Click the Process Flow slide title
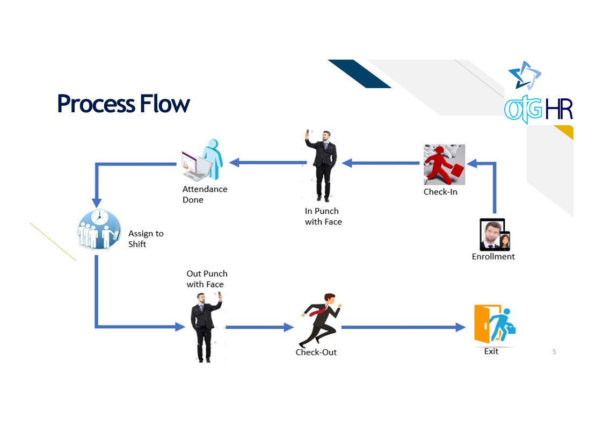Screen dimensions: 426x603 pyautogui.click(x=123, y=103)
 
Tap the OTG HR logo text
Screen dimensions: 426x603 pyautogui.click(x=538, y=109)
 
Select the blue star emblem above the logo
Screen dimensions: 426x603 pyautogui.click(x=524, y=75)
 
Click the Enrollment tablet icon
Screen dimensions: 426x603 pyautogui.click(x=494, y=235)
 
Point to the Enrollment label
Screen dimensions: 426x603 pyautogui.click(x=493, y=257)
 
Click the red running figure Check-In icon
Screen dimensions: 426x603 pyautogui.click(x=444, y=164)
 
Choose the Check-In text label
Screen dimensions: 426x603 pyautogui.click(x=440, y=192)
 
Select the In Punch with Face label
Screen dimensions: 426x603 pyautogui.click(x=323, y=216)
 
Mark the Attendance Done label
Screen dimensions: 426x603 pyautogui.click(x=205, y=194)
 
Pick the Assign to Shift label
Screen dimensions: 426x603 pyautogui.click(x=146, y=239)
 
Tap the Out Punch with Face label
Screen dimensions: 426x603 pyautogui.click(x=207, y=279)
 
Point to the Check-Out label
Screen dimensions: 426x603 pyautogui.click(x=316, y=352)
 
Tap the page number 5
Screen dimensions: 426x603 pyautogui.click(x=554, y=352)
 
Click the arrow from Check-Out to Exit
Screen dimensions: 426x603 pyautogui.click(x=403, y=327)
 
